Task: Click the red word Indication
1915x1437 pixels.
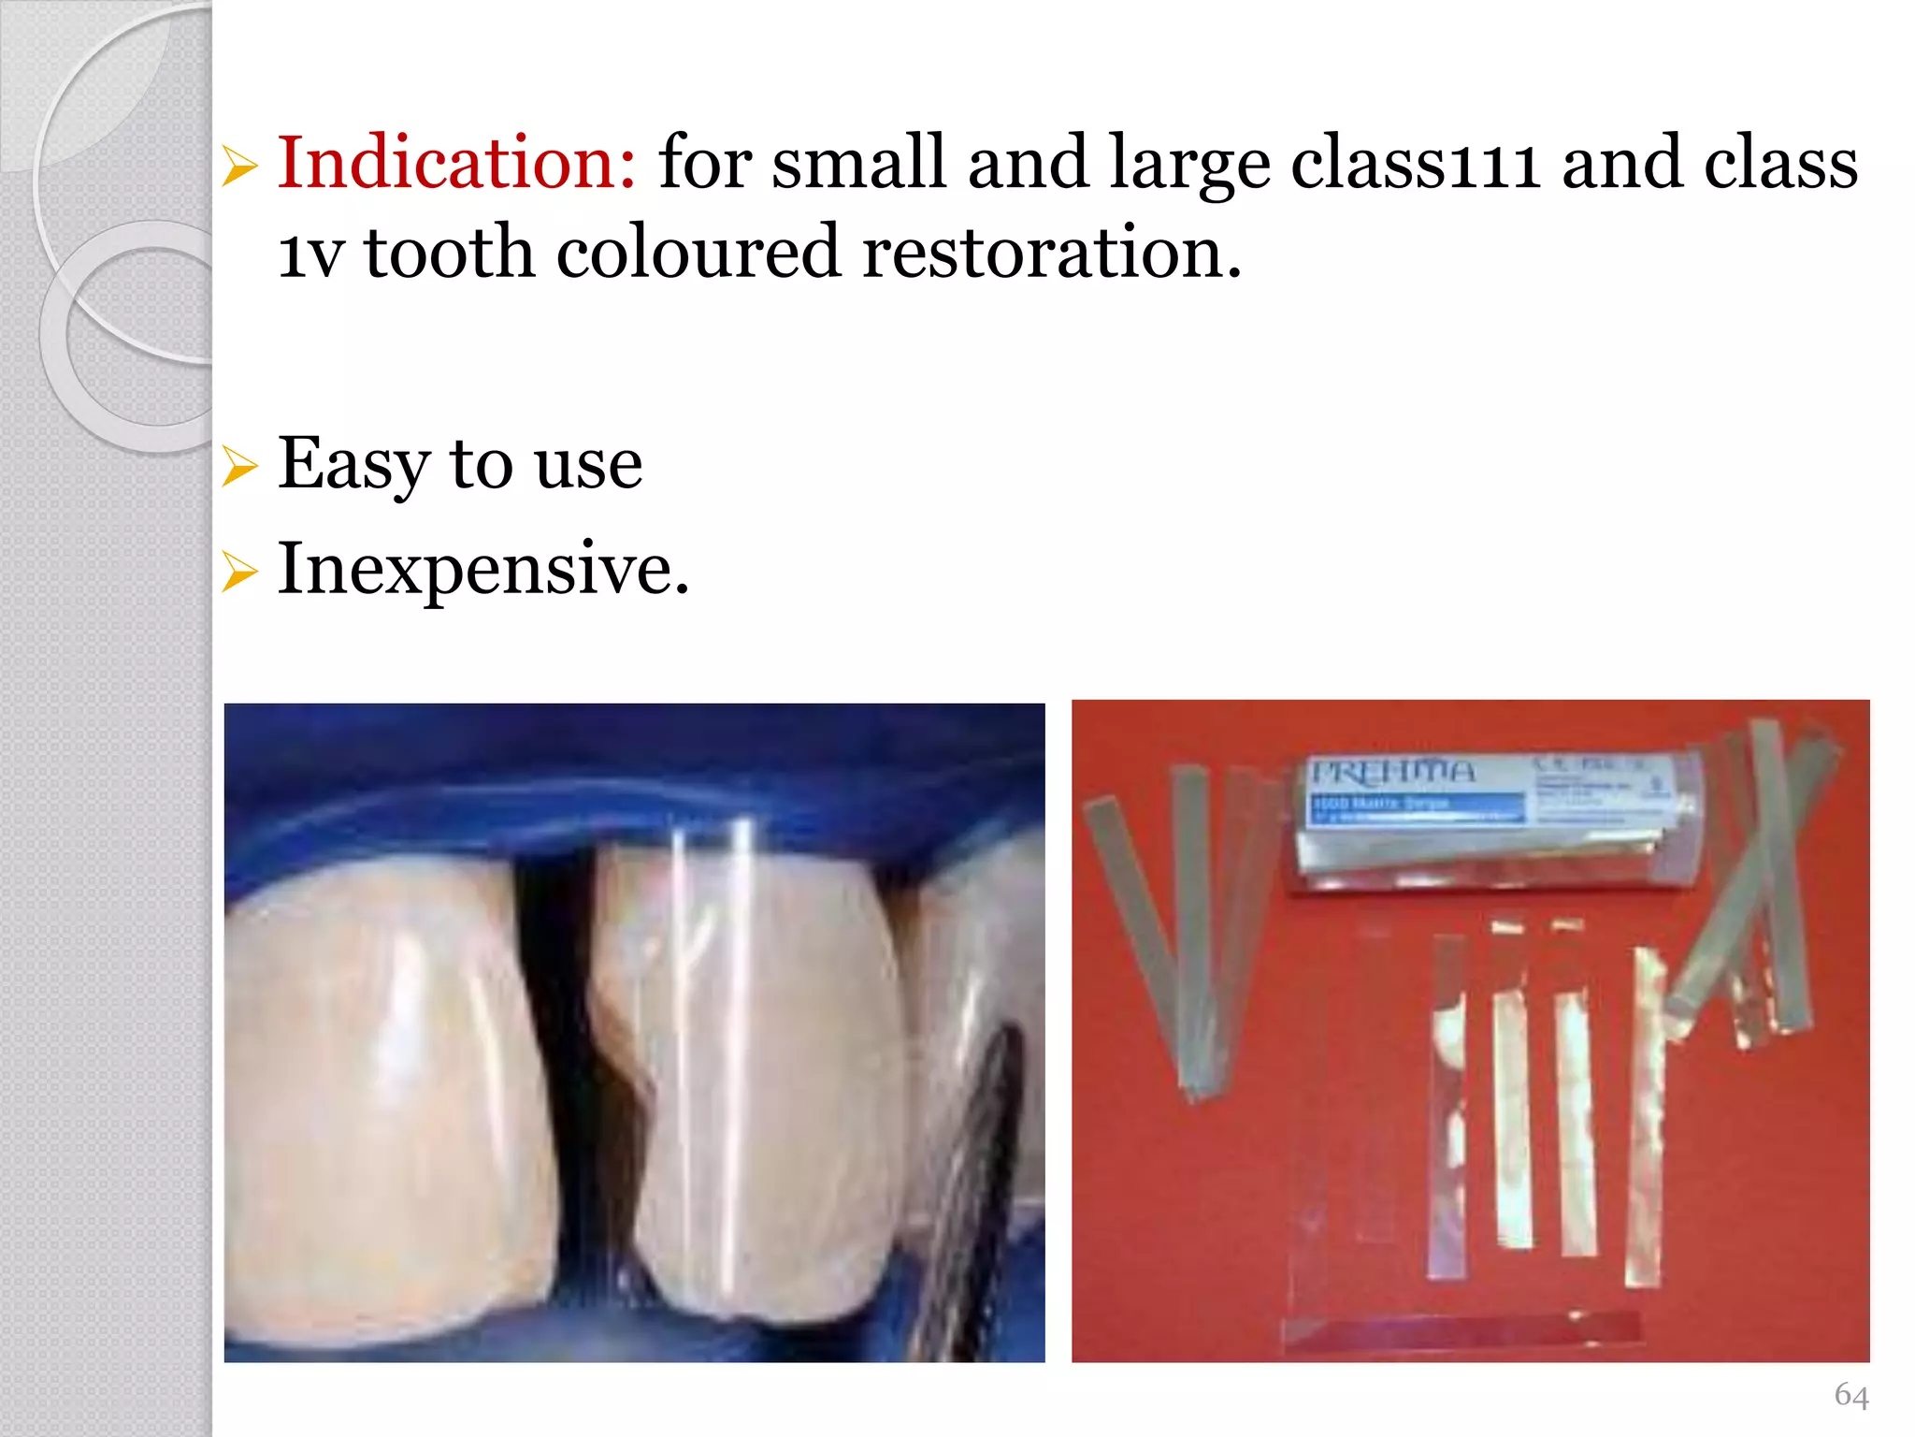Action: pos(456,163)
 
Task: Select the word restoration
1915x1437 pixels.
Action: pos(1051,253)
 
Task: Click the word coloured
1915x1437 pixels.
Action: pos(698,253)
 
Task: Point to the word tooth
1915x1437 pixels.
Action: pos(449,253)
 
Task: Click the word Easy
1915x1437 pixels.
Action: pos(353,464)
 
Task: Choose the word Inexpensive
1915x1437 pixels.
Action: pos(482,569)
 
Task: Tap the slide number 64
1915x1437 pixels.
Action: pos(1851,1395)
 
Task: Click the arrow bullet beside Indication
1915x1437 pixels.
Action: pos(240,167)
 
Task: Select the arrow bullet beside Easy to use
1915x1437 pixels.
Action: pos(240,467)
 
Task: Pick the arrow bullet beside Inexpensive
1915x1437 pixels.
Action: pos(240,572)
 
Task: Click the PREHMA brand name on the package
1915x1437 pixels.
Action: pos(1393,773)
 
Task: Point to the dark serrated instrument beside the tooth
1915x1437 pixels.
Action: pos(991,1169)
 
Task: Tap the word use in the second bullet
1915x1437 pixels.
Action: pos(589,466)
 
